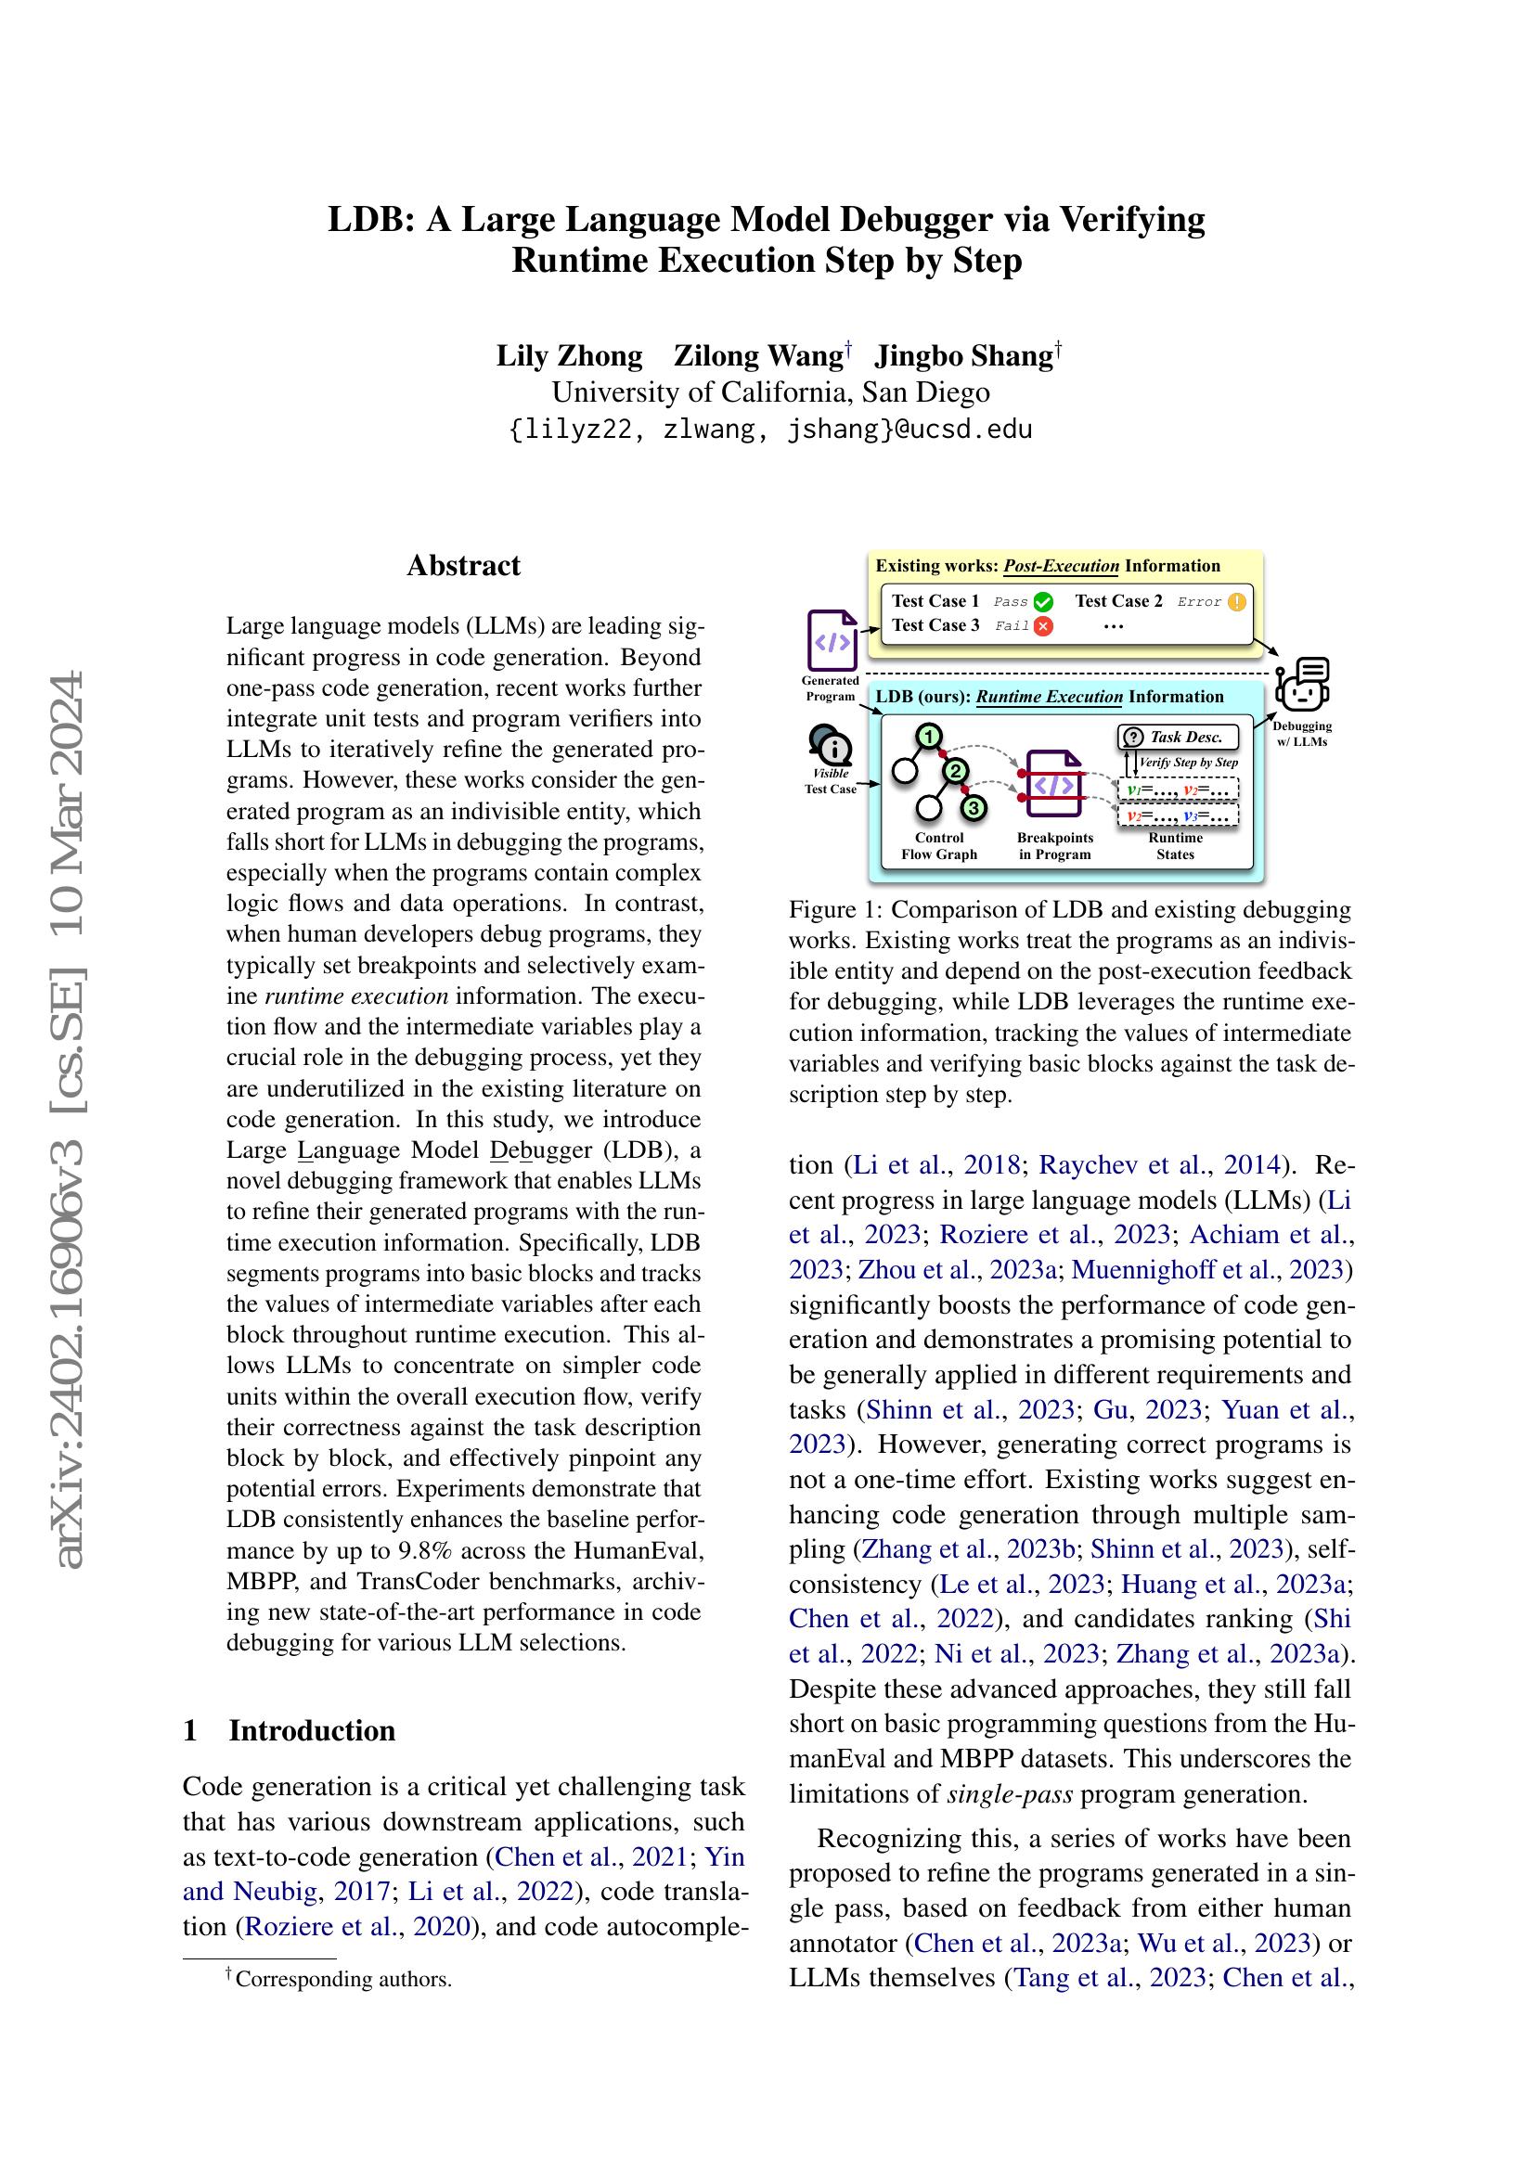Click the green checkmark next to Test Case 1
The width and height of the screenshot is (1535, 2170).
coord(1043,602)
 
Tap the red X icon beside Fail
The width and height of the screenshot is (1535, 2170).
coord(1043,625)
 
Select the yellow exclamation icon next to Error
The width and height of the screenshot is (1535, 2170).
coord(1236,602)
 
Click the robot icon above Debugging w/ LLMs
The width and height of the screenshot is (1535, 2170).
coord(1302,685)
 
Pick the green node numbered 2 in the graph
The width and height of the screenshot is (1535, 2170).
coord(957,771)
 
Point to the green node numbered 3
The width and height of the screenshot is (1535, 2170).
coord(974,808)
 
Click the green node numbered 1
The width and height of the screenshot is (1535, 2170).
coord(930,737)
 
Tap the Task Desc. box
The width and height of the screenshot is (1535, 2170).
coord(1178,738)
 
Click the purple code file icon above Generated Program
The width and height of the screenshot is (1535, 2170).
coord(832,641)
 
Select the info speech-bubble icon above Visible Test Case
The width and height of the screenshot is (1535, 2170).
coord(831,747)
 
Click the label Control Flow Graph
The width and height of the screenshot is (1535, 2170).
coord(938,846)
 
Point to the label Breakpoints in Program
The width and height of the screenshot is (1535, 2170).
coord(1055,846)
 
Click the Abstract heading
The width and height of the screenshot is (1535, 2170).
coord(463,565)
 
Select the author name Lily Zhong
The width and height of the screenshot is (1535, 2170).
coord(569,356)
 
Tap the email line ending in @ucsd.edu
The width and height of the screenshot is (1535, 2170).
coord(770,430)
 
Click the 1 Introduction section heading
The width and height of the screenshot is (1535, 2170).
coord(290,1730)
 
